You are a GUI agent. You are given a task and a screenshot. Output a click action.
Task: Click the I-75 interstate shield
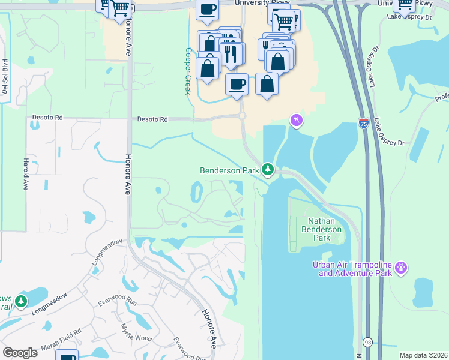pos(364,123)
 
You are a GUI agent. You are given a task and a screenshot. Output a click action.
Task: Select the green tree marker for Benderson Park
pos(268,170)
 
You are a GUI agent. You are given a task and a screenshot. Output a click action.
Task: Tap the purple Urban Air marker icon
pos(402,267)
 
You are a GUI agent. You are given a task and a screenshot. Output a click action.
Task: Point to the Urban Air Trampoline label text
pos(351,269)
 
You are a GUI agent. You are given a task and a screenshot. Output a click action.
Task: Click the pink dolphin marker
pos(296,121)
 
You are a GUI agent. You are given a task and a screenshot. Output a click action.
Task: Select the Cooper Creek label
pos(188,71)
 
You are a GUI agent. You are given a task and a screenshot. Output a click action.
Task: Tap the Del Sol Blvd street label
pos(5,77)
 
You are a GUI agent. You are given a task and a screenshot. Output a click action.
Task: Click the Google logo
pos(19,352)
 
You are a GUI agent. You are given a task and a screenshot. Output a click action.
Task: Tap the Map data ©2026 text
pos(423,355)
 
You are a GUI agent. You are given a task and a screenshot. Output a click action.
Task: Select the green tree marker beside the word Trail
pos(22,300)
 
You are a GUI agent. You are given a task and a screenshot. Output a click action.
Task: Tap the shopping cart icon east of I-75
pos(405,5)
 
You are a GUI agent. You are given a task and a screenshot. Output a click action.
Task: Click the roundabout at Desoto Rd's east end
pos(242,115)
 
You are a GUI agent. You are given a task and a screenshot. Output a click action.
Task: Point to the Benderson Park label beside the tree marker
pos(229,170)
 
